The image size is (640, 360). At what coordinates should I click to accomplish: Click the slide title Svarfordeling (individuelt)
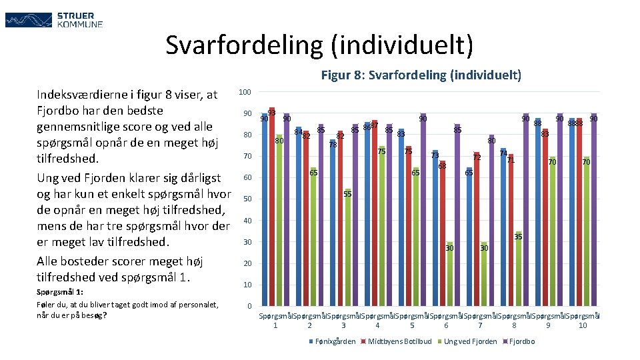(x=320, y=45)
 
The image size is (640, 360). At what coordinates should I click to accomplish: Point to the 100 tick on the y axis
(x=245, y=92)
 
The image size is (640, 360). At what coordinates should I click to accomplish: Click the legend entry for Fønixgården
(x=332, y=342)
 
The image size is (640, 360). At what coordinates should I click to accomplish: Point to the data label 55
(x=347, y=194)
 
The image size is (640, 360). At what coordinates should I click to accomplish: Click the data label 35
(x=518, y=237)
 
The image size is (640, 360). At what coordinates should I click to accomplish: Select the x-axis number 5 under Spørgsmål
(x=412, y=325)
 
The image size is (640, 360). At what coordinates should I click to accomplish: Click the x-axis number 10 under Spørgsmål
(x=583, y=325)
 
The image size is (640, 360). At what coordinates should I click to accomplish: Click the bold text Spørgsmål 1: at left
(x=60, y=292)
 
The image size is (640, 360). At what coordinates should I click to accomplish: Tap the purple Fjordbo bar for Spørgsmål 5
(x=423, y=210)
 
